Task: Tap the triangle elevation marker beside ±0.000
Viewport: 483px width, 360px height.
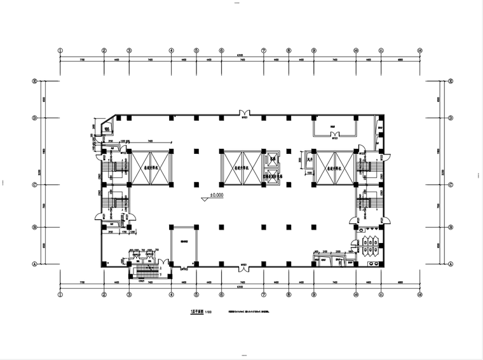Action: pos(205,198)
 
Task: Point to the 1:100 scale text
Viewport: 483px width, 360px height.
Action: pos(208,312)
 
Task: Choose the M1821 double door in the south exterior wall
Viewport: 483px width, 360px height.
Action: pos(243,265)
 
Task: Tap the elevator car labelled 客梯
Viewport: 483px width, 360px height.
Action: pos(273,158)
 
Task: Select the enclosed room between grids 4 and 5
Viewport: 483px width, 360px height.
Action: pos(184,245)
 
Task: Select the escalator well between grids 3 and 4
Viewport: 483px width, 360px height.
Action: pos(150,168)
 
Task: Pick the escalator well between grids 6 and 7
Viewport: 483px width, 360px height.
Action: pos(240,168)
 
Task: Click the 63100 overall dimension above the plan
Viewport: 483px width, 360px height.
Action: pos(240,55)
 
